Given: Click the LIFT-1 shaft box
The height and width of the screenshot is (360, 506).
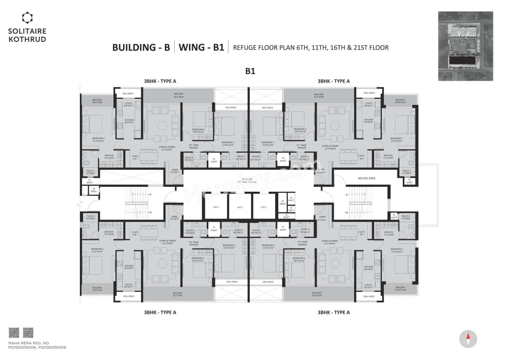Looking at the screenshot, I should (264, 207).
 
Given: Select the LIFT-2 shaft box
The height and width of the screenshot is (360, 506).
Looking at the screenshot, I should (240, 207).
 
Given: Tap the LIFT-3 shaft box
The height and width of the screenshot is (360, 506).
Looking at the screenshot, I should (216, 207).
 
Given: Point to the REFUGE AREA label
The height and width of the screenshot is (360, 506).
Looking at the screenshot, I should (366, 178).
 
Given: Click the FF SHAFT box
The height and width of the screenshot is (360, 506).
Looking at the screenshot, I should (291, 200).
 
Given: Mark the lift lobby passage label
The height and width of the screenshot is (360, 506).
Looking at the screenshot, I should (249, 181).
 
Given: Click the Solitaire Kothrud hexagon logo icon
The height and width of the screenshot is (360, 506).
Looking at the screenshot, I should (27, 18).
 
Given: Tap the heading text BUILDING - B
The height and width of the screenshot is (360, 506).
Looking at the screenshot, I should (141, 48).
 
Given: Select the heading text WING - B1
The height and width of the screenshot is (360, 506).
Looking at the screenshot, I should (201, 48).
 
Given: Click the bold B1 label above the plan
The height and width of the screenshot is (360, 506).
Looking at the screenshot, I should (250, 71).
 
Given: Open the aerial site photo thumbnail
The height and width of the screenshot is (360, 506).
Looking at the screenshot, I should (465, 46).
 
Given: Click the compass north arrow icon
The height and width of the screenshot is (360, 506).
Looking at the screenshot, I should (468, 339).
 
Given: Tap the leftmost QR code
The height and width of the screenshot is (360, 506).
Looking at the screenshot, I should (14, 332).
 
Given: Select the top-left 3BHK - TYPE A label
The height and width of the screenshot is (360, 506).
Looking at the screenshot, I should (160, 81).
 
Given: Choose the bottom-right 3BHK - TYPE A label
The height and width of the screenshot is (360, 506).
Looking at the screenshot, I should (334, 312).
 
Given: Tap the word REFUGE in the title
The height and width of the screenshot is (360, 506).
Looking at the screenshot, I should (245, 48).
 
